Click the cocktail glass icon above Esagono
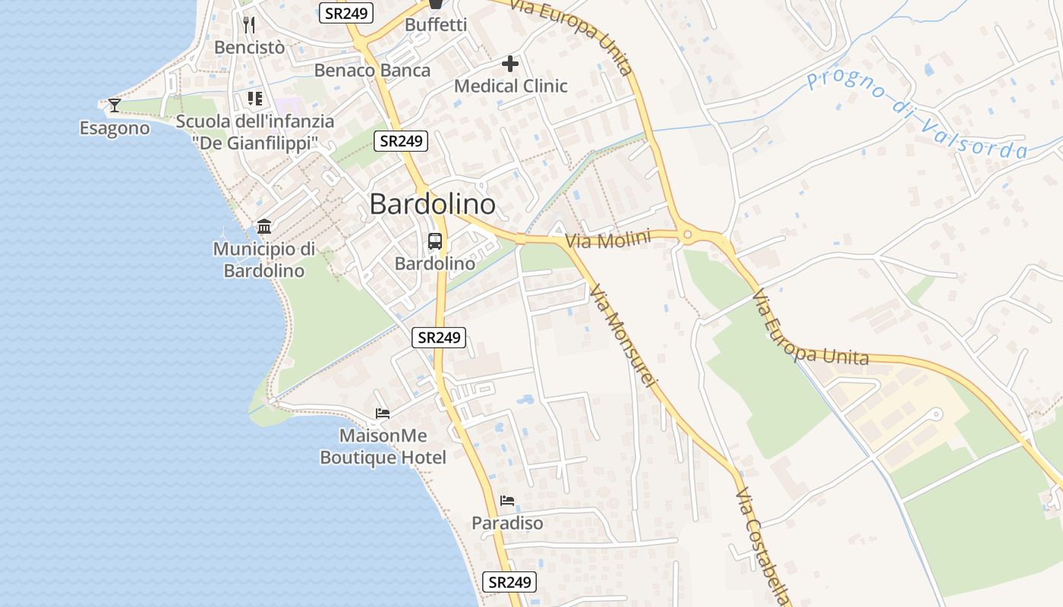(x=115, y=105)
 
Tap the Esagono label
(x=115, y=128)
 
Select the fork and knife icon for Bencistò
(x=249, y=24)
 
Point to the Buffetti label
(x=436, y=24)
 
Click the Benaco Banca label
(x=372, y=71)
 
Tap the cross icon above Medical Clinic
(x=510, y=63)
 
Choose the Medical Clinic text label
(x=510, y=86)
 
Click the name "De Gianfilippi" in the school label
(x=254, y=143)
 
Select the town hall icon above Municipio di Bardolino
(x=264, y=226)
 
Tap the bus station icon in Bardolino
(x=435, y=241)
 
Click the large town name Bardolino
(x=433, y=204)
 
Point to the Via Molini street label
(x=608, y=241)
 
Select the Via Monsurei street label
(x=621, y=335)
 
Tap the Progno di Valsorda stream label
(x=917, y=116)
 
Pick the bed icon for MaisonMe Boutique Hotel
(x=383, y=414)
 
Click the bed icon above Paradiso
(x=507, y=501)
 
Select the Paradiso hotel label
(x=507, y=524)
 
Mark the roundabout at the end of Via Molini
(x=688, y=235)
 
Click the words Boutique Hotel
(x=383, y=458)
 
